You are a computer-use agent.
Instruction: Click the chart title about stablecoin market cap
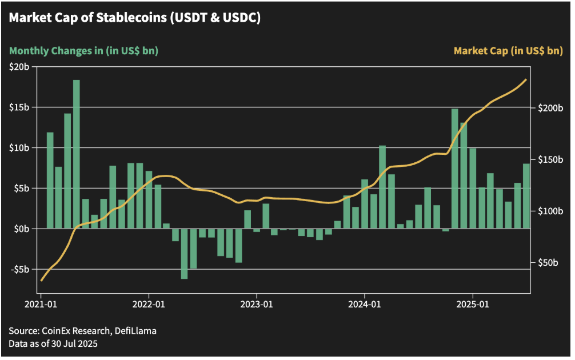pos(134,18)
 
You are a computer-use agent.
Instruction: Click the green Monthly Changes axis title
pos(83,51)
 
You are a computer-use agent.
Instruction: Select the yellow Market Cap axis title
pos(508,51)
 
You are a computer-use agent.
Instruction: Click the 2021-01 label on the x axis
pos(41,305)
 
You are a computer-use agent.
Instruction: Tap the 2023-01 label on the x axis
pos(257,305)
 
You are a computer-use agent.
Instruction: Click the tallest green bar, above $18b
pos(77,154)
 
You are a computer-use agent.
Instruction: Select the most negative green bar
pos(184,254)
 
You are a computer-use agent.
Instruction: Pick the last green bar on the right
pos(526,196)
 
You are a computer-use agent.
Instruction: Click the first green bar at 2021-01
pos(50,181)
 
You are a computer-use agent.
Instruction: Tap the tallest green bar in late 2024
pos(455,169)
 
